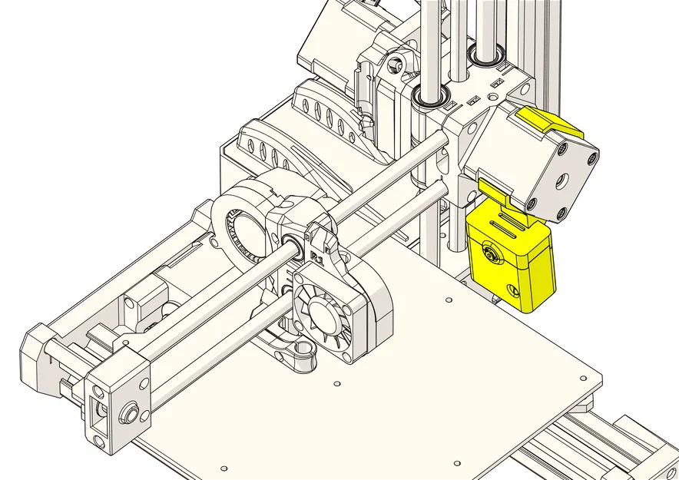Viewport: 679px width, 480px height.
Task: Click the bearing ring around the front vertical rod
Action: click(x=431, y=98)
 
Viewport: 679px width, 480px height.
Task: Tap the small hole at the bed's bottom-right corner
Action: click(x=456, y=464)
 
